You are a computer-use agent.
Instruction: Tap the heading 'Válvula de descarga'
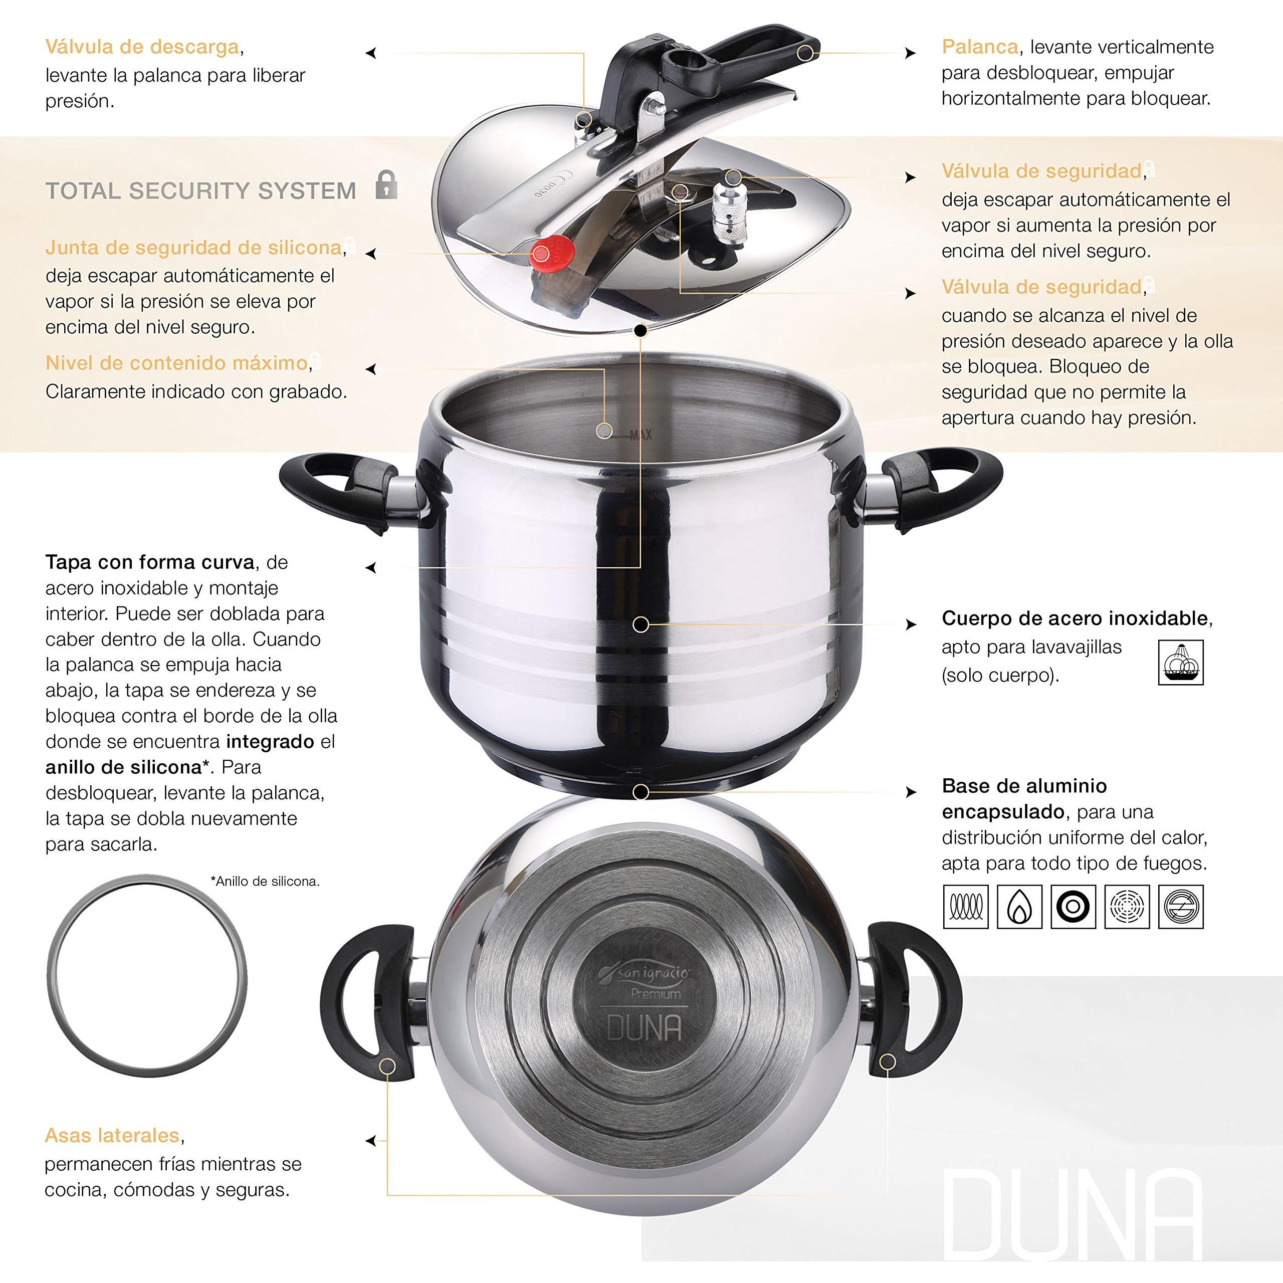pyautogui.click(x=142, y=47)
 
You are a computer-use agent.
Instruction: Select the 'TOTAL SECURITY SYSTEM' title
pyautogui.click(x=200, y=191)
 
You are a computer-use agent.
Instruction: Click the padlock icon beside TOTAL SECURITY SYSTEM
pyautogui.click(x=386, y=185)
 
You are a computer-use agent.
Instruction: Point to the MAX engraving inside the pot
pyautogui.click(x=641, y=435)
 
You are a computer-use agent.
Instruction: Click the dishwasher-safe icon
pyautogui.click(x=1180, y=662)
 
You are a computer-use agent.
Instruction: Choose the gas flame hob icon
pyautogui.click(x=1019, y=907)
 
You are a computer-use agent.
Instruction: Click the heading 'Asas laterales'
pyautogui.click(x=112, y=1136)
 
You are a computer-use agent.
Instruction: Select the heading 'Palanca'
pyautogui.click(x=979, y=47)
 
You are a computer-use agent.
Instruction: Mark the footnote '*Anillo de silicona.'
pyautogui.click(x=265, y=881)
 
